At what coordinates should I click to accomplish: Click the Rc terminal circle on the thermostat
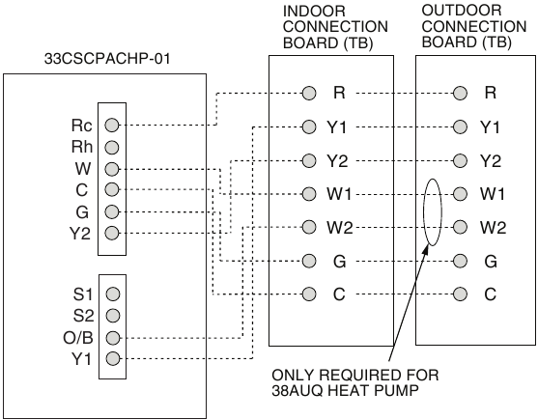point(111,125)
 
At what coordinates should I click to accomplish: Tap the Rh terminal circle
point(111,148)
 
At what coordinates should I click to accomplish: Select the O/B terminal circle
point(113,338)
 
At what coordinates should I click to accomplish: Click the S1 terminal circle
point(113,294)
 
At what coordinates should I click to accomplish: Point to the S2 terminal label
point(83,316)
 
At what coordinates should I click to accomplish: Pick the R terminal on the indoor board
point(309,93)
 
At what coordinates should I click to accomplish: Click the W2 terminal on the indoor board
point(309,227)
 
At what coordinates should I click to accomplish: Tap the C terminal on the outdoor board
point(460,294)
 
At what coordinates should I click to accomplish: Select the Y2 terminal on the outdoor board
point(460,160)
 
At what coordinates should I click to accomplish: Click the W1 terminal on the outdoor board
point(460,194)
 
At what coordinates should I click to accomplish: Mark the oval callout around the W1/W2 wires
point(424,212)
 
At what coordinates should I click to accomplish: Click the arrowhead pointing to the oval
point(427,247)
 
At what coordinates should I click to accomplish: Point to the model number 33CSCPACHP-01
point(107,59)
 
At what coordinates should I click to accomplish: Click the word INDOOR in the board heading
point(314,12)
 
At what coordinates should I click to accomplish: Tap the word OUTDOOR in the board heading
point(462,11)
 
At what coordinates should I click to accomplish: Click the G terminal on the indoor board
point(309,261)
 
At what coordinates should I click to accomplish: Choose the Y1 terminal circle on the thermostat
point(113,358)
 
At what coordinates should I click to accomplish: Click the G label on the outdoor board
point(491,262)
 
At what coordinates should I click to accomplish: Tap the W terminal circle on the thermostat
point(111,169)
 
